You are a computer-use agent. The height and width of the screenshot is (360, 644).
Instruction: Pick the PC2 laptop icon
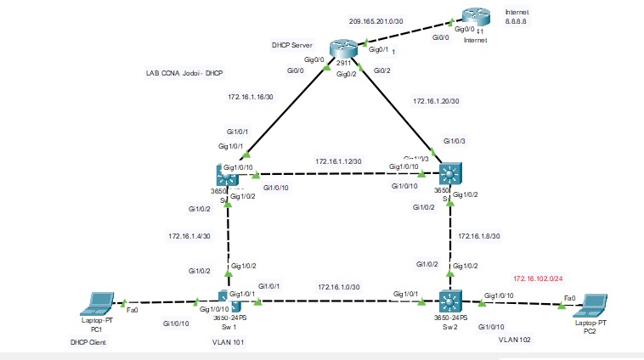[591, 303]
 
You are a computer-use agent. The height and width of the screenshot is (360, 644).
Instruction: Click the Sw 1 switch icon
[229, 302]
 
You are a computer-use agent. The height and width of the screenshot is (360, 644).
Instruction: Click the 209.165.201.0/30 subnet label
[376, 21]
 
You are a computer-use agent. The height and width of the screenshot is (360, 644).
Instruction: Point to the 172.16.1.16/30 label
[251, 97]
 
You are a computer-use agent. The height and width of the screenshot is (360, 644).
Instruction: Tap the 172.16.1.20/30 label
[436, 101]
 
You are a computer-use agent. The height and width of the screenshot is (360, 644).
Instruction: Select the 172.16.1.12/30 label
[338, 161]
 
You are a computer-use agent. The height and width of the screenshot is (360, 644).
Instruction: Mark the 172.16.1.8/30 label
[478, 236]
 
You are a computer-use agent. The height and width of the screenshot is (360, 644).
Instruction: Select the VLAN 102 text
[516, 339]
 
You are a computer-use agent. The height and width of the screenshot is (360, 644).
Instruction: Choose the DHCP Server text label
[292, 44]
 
